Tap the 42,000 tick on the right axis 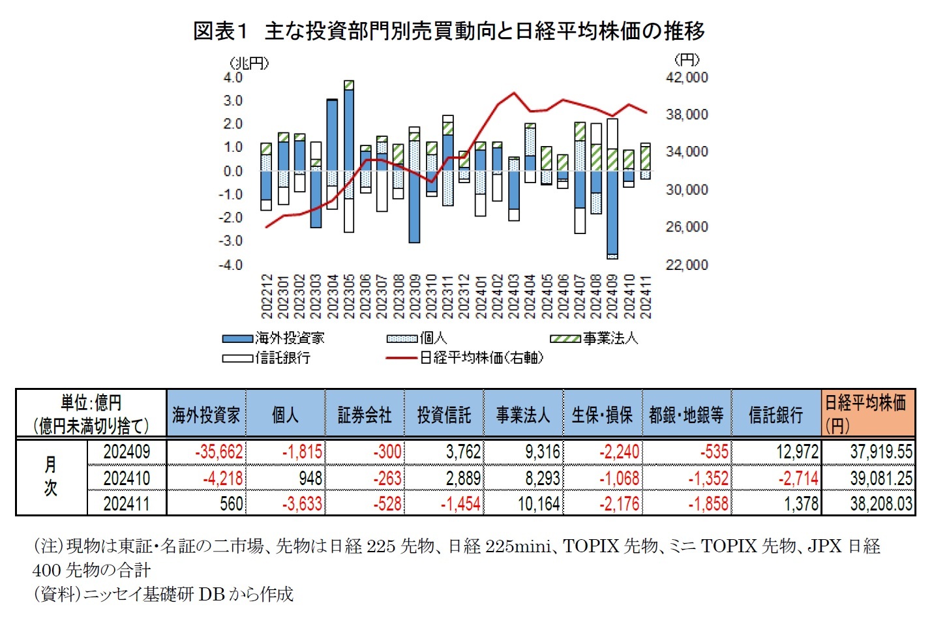(686, 78)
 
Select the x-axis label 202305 (349, 297)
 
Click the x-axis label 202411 (646, 297)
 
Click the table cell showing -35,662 (218, 452)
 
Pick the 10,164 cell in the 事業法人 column (539, 504)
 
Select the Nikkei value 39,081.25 (880, 478)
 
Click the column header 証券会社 (365, 415)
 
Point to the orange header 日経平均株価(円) (867, 413)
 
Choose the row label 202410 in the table (127, 478)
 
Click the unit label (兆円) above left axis (249, 63)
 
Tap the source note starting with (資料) (163, 594)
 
